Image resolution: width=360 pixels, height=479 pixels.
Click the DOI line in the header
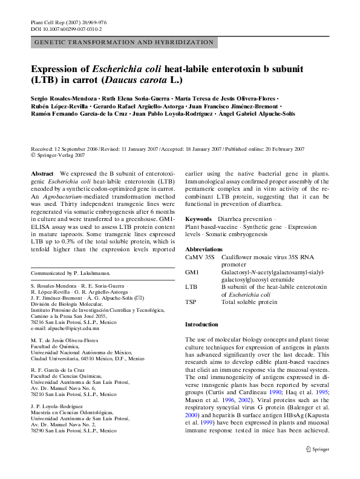[x=66, y=29]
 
